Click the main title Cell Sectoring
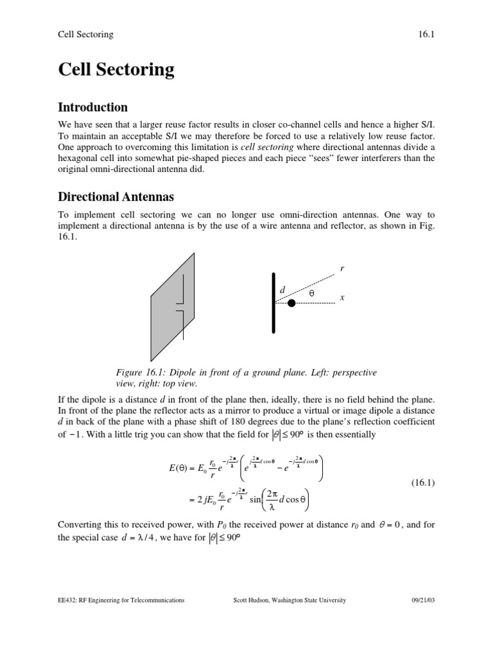(x=116, y=69)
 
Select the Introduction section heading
(x=93, y=107)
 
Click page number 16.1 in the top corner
(x=428, y=34)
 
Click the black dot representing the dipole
(x=291, y=303)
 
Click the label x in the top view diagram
(x=342, y=298)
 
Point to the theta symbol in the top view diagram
(x=312, y=293)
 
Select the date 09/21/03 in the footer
(x=423, y=600)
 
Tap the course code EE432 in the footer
(x=67, y=600)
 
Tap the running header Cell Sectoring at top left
(x=85, y=34)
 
